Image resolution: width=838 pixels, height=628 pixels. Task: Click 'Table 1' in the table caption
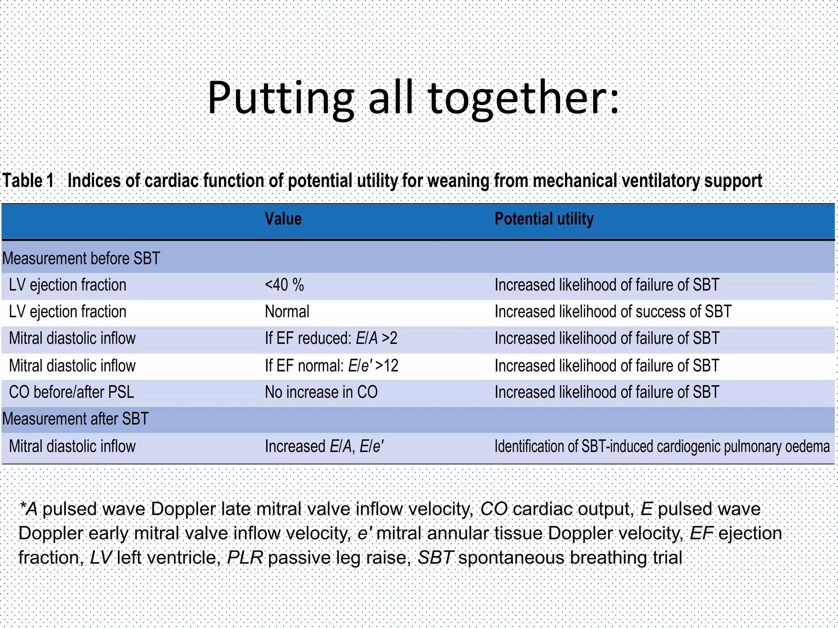pos(28,181)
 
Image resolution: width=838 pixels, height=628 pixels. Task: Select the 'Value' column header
pos(283,219)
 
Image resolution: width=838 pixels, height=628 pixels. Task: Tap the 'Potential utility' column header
pos(544,219)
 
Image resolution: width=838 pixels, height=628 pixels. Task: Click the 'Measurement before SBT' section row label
pos(81,258)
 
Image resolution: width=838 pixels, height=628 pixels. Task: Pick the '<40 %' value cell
pos(284,285)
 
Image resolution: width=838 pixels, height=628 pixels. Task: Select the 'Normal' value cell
pos(287,312)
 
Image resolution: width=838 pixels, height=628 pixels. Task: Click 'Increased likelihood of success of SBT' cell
pos(613,312)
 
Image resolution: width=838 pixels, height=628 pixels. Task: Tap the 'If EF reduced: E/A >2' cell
pos(331,339)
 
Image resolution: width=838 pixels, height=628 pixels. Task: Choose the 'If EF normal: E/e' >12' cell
pos(331,366)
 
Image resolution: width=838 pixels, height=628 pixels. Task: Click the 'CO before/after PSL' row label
pos(71,392)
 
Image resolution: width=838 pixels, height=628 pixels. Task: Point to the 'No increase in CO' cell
pos(321,392)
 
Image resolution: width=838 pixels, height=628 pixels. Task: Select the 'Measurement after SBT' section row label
pos(75,419)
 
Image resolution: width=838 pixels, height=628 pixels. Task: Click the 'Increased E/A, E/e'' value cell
pos(324,446)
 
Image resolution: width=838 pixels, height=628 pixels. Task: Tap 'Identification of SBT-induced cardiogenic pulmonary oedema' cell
pos(662,446)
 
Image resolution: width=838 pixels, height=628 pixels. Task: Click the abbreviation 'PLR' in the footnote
pos(245,558)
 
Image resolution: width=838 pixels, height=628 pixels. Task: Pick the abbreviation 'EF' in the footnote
pos(701,533)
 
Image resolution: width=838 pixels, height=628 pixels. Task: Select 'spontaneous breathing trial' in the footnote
pos(570,558)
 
